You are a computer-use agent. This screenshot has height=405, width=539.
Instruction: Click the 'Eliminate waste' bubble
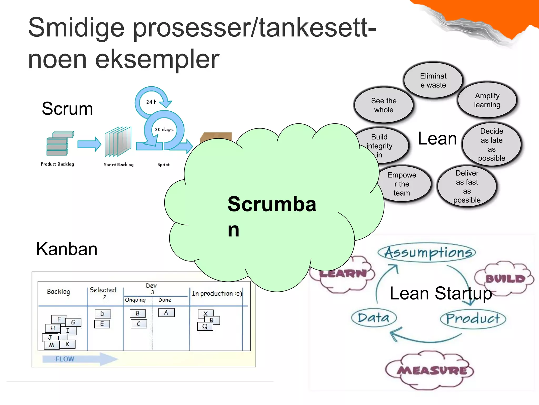(x=433, y=80)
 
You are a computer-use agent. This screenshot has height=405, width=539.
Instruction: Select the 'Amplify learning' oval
(x=487, y=100)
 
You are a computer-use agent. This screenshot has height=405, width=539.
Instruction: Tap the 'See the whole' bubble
(x=383, y=105)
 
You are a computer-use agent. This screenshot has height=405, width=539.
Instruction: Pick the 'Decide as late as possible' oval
(x=491, y=144)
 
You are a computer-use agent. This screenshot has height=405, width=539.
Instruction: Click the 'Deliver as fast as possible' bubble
(x=467, y=186)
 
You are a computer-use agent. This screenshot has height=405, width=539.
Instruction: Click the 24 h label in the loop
(x=151, y=102)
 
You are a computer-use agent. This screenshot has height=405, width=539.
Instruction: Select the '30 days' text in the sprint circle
(x=164, y=129)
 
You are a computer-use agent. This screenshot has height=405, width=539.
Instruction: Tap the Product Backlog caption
(x=57, y=164)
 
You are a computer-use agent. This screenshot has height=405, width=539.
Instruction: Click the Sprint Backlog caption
(x=118, y=165)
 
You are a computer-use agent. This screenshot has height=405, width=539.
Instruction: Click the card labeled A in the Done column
(x=166, y=312)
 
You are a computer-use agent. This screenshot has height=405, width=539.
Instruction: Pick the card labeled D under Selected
(x=103, y=314)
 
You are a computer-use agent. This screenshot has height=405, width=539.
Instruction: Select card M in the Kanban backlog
(x=52, y=345)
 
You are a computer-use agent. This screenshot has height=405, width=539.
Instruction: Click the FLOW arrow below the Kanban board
(x=79, y=359)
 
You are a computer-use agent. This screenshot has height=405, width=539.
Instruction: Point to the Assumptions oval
(x=427, y=252)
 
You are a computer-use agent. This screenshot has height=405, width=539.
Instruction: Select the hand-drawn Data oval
(x=374, y=318)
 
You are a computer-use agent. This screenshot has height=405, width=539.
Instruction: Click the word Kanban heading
(x=67, y=249)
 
